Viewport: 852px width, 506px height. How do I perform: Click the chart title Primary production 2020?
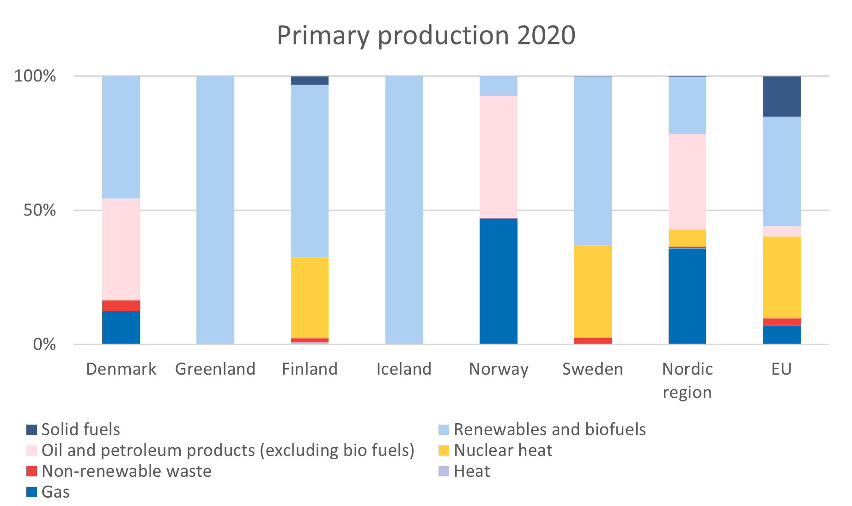426,35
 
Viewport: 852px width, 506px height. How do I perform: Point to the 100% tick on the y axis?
35,76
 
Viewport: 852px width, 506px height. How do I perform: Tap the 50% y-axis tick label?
40,210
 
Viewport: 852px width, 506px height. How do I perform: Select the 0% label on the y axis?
44,345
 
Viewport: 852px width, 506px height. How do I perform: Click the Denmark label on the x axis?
121,369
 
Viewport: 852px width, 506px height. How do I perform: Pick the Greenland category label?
215,369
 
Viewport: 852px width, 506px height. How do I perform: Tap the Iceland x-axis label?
404,369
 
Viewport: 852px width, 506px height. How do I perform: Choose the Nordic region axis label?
687,380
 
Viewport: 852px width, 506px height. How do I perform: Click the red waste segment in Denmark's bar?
121,305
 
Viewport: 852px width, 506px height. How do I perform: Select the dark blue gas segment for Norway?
499,281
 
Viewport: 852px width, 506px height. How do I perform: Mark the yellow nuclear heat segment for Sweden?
593,291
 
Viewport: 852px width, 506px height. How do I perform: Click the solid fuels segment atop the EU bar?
781,96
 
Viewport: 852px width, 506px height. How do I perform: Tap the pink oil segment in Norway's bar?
499,156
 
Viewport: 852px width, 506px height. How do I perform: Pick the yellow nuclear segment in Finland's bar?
310,297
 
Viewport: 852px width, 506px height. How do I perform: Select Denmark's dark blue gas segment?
121,327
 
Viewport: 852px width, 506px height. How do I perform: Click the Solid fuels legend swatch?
31,430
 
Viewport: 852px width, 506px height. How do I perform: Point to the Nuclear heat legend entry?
503,450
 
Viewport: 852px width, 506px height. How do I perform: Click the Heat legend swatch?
444,471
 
